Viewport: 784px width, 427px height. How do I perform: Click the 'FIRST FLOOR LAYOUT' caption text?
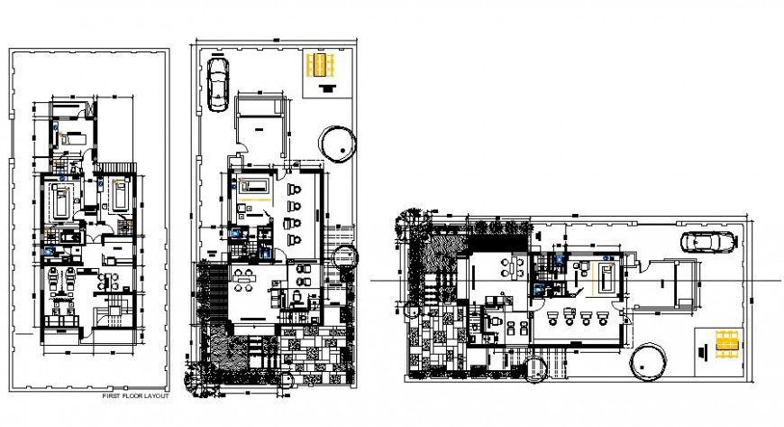[x=134, y=395]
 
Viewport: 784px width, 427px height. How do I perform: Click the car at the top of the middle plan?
[x=218, y=83]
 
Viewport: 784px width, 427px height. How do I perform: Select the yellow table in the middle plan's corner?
[x=321, y=67]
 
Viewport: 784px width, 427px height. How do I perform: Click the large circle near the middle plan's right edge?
[x=339, y=143]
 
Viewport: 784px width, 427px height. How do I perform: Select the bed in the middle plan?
[x=255, y=185]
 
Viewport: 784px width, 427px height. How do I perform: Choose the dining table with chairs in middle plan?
[x=242, y=277]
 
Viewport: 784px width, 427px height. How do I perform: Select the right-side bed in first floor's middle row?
[x=118, y=194]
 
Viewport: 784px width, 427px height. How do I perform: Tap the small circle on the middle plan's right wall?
[x=345, y=255]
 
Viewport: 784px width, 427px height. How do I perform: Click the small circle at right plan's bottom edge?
[x=534, y=369]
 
